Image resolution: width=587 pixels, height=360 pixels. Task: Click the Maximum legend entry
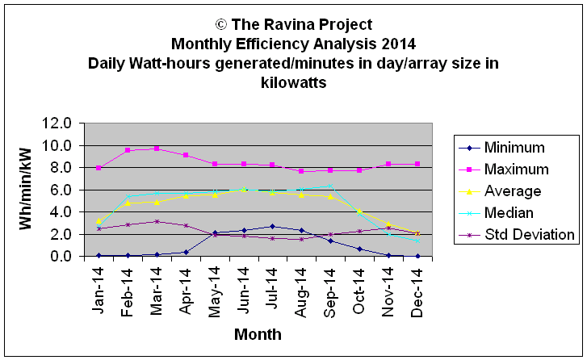pos(516,170)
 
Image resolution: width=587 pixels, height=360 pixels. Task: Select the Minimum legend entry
pos(514,148)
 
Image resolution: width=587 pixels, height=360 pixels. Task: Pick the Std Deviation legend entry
pos(528,235)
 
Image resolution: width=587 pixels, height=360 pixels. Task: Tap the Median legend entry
pos(509,213)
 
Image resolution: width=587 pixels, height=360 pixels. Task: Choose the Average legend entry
pos(513,191)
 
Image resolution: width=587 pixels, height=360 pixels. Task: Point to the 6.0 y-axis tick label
pos(62,190)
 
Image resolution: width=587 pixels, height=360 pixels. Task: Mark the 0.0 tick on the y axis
pos(62,256)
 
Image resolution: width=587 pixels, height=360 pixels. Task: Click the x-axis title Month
pos(258,334)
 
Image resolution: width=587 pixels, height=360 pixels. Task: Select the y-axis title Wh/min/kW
pos(27,190)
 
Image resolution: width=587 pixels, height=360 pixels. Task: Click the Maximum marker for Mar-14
pos(157,149)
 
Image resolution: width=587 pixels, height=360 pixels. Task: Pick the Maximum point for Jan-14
pos(99,168)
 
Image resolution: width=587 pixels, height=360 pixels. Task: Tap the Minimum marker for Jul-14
pos(272,226)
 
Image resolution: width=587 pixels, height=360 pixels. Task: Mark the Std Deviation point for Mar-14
pos(157,221)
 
